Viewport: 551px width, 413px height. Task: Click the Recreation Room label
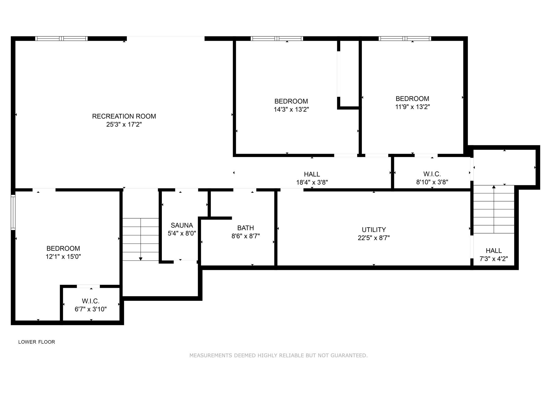click(x=124, y=116)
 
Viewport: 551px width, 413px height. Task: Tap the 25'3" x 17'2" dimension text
click(x=124, y=124)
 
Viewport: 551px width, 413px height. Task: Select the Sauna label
click(x=182, y=225)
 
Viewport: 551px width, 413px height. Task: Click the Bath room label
click(x=246, y=228)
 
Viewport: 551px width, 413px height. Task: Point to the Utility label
click(x=374, y=230)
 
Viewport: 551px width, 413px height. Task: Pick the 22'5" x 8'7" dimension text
click(x=374, y=238)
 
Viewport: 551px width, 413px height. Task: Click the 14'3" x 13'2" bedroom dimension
click(x=291, y=109)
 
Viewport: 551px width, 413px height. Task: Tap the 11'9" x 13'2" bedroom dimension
click(x=412, y=107)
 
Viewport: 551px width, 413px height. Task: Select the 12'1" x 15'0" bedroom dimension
click(x=63, y=257)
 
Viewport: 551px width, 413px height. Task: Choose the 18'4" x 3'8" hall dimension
click(x=312, y=182)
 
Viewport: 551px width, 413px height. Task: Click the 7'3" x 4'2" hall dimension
click(x=494, y=259)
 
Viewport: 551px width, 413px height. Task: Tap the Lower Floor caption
click(x=37, y=342)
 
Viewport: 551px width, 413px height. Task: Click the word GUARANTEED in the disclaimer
click(x=349, y=356)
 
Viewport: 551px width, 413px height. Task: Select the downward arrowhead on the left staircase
click(x=141, y=259)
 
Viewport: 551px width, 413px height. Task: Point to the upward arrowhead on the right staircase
click(x=494, y=187)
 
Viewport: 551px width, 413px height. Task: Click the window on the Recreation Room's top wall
click(x=61, y=38)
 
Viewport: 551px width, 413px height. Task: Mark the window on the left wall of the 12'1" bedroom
click(x=13, y=212)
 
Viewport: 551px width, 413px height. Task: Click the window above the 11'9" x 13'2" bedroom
click(x=405, y=38)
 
